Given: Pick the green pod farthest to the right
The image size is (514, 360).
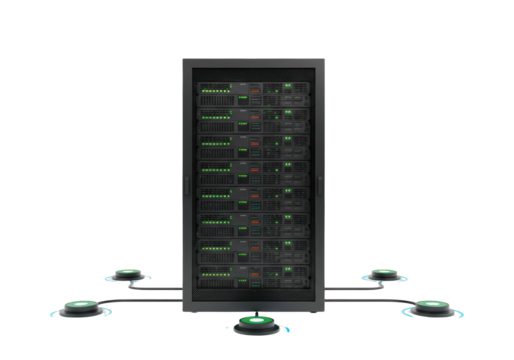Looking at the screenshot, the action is pos(431,306).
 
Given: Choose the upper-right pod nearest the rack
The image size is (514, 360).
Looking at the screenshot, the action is pos(383,274).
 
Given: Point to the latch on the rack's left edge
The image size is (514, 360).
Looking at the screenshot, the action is pos(185,183).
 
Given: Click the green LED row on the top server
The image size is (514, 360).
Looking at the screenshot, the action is pos(214,94).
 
